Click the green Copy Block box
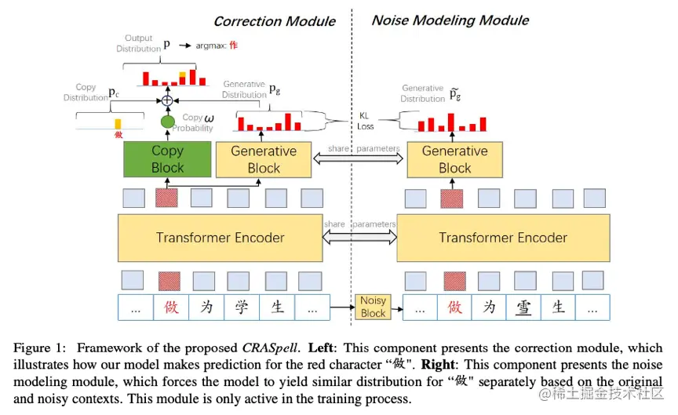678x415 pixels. [x=167, y=158]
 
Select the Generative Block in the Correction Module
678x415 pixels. [x=264, y=158]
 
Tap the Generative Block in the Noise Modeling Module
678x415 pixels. [x=454, y=158]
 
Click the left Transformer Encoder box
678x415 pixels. [x=220, y=237]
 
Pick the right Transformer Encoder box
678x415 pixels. [x=502, y=237]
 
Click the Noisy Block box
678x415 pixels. [x=373, y=307]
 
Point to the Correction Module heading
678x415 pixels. [x=275, y=21]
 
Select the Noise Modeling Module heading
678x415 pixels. [x=450, y=20]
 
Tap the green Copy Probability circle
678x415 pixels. [x=167, y=122]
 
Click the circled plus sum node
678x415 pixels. [x=166, y=100]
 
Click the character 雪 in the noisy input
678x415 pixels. [x=524, y=308]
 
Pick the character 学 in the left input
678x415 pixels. [x=242, y=308]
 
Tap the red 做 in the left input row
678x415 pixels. [x=171, y=308]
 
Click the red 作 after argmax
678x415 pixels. [x=233, y=46]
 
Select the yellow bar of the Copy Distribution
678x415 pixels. [x=118, y=124]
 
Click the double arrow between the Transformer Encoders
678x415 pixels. [x=359, y=235]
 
